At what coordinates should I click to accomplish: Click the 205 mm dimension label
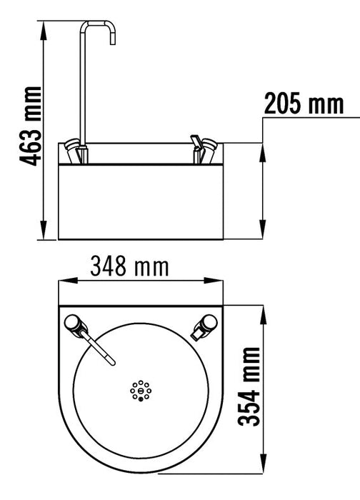[303, 104]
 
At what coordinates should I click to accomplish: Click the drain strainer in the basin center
[141, 390]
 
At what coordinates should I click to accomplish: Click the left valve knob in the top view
[74, 324]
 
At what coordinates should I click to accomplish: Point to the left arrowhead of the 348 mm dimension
[61, 282]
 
